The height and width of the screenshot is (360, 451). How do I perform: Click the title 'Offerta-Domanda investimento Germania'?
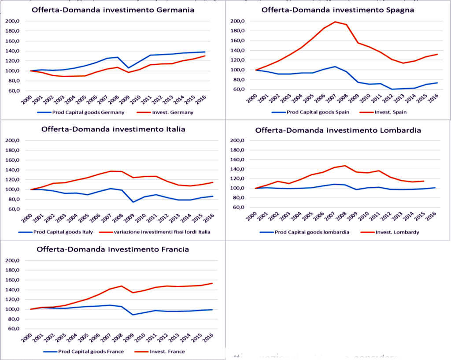point(113,10)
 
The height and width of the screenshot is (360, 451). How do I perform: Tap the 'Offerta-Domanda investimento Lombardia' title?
point(338,130)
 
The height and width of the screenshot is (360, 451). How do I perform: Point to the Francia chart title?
point(113,249)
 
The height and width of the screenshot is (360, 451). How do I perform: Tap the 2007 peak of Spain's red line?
point(335,22)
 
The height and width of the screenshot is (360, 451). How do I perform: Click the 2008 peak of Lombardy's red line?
point(345,166)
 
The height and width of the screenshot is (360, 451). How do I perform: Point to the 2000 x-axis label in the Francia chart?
point(28,338)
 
